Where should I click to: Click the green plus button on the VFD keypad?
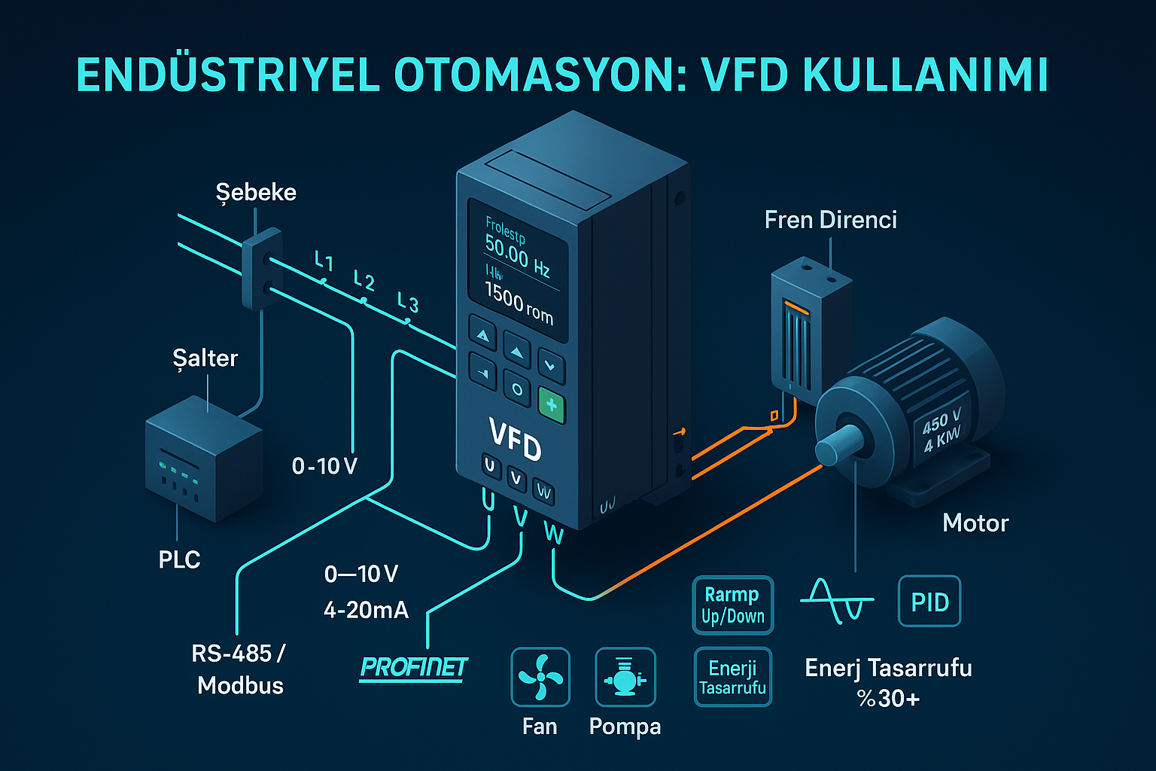point(552,406)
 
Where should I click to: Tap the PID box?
point(929,602)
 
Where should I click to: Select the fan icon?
point(540,677)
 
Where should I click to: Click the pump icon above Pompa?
point(625,677)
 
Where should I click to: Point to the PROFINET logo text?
point(413,667)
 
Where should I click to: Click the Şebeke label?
point(256,193)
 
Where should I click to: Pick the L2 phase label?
point(364,282)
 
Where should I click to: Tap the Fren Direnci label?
point(830,220)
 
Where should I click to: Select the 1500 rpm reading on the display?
point(519,303)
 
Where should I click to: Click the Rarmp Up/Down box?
point(732,605)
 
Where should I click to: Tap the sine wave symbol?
point(837,600)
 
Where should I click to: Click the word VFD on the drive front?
point(515,439)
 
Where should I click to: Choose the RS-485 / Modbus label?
point(239,669)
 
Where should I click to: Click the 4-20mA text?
point(366,609)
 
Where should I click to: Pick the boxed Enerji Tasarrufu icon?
point(732,677)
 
